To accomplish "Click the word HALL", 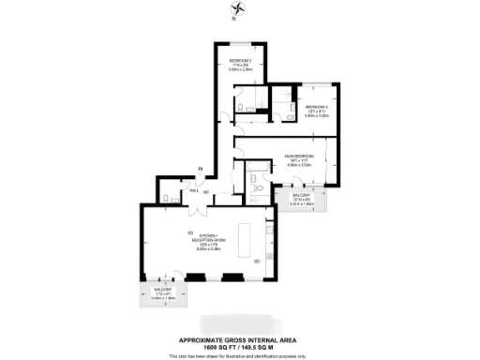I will click(x=194, y=190).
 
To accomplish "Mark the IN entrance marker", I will click(x=200, y=169).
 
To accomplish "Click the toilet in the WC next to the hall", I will click(x=165, y=200).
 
